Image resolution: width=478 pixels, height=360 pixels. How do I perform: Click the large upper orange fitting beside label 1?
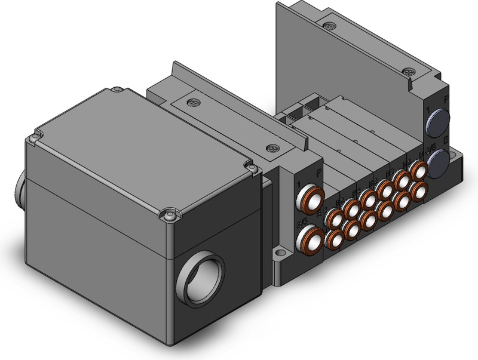pos(310,196)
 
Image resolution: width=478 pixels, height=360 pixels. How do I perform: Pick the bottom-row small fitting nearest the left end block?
pos(334,239)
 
